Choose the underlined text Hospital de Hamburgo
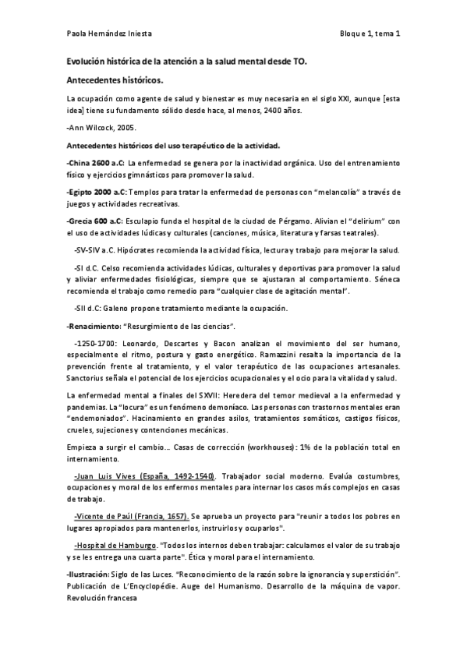click(114, 544)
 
